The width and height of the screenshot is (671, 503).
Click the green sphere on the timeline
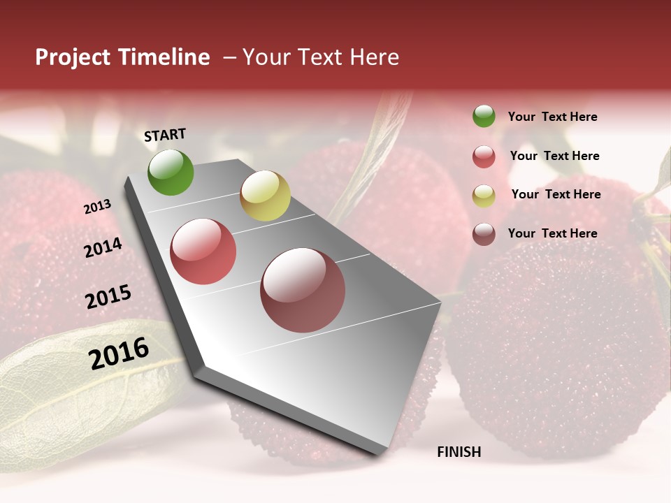171,172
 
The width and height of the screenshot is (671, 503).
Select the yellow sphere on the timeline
265,196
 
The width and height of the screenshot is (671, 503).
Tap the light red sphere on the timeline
203,251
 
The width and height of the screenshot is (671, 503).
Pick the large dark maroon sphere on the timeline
303,290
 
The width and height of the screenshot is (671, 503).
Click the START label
165,135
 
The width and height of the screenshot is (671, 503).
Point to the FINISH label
459,452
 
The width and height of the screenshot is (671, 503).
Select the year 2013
97,206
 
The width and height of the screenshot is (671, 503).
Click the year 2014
103,247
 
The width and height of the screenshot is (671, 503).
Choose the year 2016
119,353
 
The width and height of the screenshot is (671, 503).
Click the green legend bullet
484,116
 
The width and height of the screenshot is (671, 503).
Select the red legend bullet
484,156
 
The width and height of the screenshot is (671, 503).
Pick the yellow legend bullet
484,196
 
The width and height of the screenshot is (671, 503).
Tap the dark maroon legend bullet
484,234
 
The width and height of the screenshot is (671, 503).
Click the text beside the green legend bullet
552,117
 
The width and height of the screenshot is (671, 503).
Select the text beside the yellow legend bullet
556,194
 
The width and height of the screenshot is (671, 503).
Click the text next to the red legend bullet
554,156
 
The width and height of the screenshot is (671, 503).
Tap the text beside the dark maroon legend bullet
552,233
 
